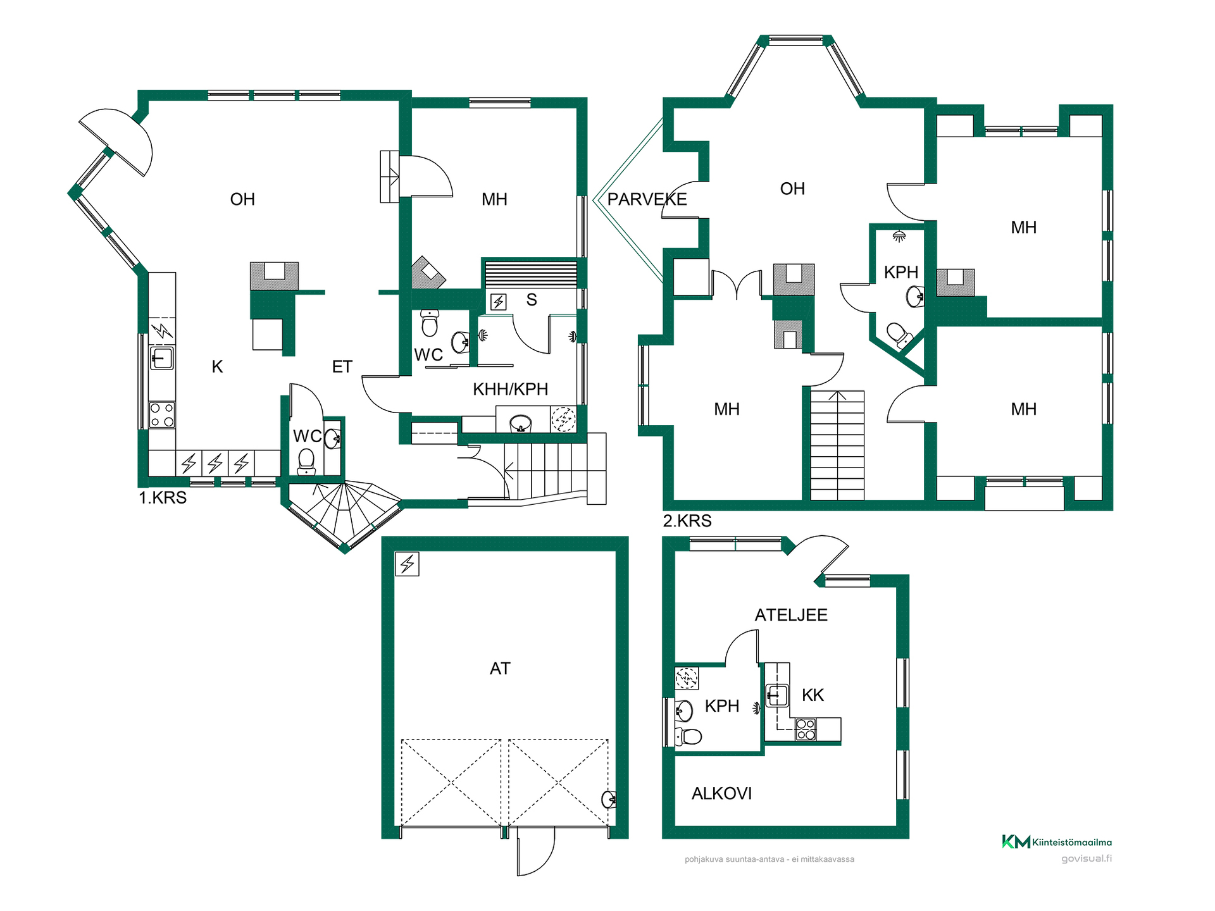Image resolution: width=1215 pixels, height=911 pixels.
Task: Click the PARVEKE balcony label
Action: (x=647, y=199)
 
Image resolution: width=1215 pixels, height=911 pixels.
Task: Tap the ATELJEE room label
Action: (x=791, y=615)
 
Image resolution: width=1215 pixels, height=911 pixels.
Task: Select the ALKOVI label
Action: (x=721, y=793)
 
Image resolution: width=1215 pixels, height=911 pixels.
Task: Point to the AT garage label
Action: (x=500, y=669)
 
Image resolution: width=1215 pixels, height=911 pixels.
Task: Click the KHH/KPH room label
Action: (x=510, y=389)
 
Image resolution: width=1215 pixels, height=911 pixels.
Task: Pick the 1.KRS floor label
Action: (x=163, y=498)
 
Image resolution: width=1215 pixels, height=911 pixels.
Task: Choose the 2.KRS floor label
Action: (x=687, y=521)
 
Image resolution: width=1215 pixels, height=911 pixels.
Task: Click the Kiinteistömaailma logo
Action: (x=1057, y=842)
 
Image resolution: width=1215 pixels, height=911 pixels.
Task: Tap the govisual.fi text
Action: (x=1087, y=858)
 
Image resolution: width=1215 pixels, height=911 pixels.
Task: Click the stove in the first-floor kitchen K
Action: (x=162, y=415)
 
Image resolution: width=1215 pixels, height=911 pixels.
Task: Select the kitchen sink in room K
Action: (x=161, y=358)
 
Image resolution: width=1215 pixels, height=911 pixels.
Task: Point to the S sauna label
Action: (x=532, y=300)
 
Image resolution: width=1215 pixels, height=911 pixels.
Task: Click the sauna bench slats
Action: (x=531, y=275)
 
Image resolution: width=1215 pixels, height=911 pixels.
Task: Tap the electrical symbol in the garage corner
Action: (x=407, y=564)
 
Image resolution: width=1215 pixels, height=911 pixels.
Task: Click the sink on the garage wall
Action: (x=609, y=800)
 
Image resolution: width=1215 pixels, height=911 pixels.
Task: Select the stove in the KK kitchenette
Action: (x=806, y=729)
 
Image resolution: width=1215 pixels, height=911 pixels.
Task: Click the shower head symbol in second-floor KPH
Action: (x=899, y=237)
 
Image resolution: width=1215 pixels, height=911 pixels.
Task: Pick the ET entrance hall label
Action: (x=342, y=367)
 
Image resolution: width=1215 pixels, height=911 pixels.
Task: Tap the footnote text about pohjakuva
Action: (x=769, y=859)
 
